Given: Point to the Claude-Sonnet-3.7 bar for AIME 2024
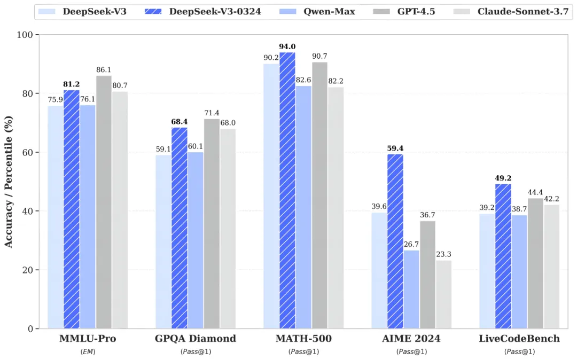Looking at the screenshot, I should point(443,294).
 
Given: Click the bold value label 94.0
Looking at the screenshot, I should point(287,47).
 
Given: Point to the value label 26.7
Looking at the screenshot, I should point(411,245).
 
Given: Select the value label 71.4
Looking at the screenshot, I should point(212,113).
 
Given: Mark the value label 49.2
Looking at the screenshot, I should point(503,178).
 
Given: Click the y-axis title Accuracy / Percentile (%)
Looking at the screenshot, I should point(9,182).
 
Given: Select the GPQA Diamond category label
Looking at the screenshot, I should point(196,339).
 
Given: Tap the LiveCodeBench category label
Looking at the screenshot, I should point(519,339).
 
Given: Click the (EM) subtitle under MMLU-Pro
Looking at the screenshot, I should point(88,351).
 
